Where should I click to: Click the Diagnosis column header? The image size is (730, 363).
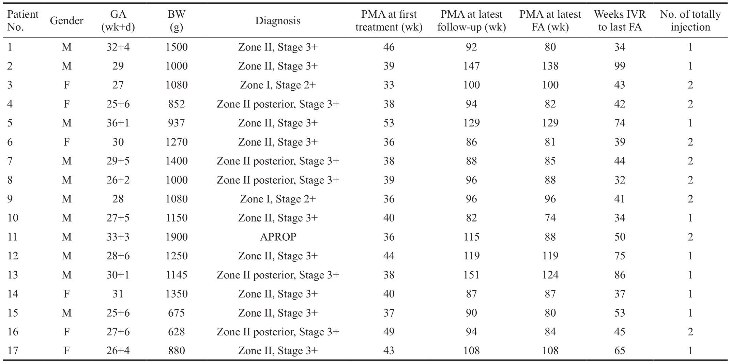tap(278, 21)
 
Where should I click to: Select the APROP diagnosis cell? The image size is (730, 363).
tap(278, 237)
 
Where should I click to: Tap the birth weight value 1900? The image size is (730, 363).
tap(177, 237)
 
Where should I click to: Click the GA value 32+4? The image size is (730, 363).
tap(118, 47)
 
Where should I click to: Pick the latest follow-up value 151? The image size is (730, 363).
tap(471, 275)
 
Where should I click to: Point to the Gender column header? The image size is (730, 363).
tap(66, 21)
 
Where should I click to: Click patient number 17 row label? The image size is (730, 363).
tap(13, 351)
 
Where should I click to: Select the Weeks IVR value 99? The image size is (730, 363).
tap(620, 66)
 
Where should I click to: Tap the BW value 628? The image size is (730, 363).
tap(177, 332)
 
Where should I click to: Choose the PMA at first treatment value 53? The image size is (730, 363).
tap(389, 123)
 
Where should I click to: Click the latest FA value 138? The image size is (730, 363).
tap(550, 66)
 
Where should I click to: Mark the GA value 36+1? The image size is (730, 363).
tap(118, 123)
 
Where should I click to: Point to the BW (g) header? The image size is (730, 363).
tap(177, 21)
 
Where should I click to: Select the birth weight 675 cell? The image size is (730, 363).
tap(177, 313)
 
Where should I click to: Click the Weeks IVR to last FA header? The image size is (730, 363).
tap(620, 21)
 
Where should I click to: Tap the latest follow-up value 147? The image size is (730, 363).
tap(471, 66)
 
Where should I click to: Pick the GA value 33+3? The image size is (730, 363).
tap(118, 237)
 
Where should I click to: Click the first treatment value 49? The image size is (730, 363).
tap(389, 332)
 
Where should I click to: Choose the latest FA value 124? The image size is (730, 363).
tap(550, 275)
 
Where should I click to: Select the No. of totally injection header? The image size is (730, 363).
tap(690, 21)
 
